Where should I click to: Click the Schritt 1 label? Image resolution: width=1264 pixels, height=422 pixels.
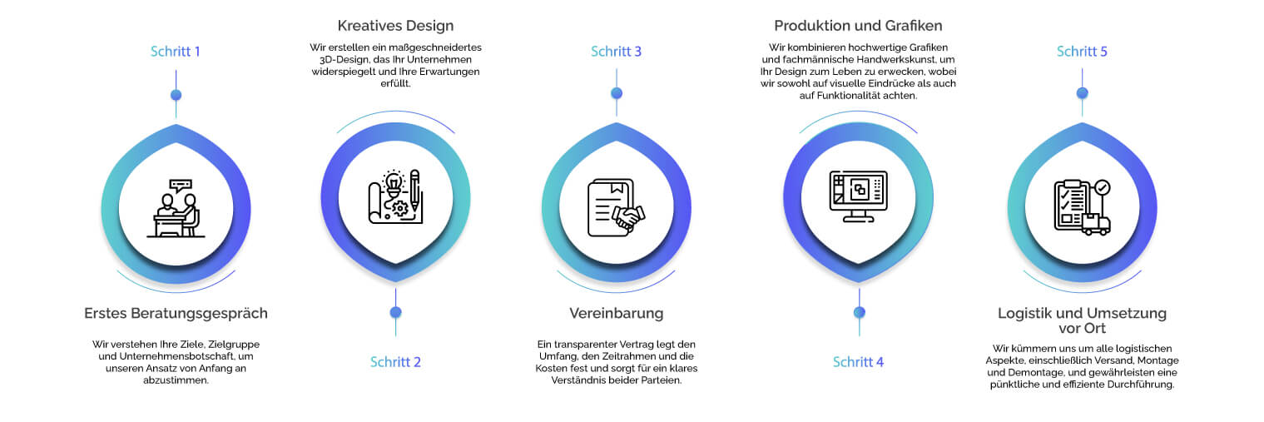pos(175,52)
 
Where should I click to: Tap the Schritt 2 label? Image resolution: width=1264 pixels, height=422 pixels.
pos(395,362)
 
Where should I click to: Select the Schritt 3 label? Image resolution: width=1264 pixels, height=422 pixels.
pos(617,52)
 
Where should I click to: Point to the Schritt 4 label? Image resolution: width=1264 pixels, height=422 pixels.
pos(858,362)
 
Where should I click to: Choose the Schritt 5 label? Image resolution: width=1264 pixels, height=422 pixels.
pos(1082,52)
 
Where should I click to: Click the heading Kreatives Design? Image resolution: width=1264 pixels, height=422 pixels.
pos(395,26)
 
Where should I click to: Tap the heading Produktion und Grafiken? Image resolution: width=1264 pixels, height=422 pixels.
pos(858,26)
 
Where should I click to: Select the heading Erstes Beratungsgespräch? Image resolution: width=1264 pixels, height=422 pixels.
pos(176,314)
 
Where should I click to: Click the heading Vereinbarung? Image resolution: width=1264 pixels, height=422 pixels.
pos(617,314)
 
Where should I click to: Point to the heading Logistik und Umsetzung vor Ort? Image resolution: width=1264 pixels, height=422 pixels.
pos(1082,320)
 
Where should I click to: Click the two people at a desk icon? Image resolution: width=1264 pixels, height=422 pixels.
pos(176,209)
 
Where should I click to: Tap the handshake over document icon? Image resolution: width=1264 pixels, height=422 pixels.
pos(617,207)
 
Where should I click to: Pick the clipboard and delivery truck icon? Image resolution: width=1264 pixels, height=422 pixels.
pos(1083,207)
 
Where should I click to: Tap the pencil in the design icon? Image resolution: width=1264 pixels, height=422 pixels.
pos(414,191)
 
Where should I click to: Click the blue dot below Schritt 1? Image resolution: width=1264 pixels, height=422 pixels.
pos(176,95)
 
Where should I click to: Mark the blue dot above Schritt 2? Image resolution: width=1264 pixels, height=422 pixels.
pos(395,312)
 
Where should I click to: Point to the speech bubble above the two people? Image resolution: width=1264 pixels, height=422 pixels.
pos(181,186)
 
